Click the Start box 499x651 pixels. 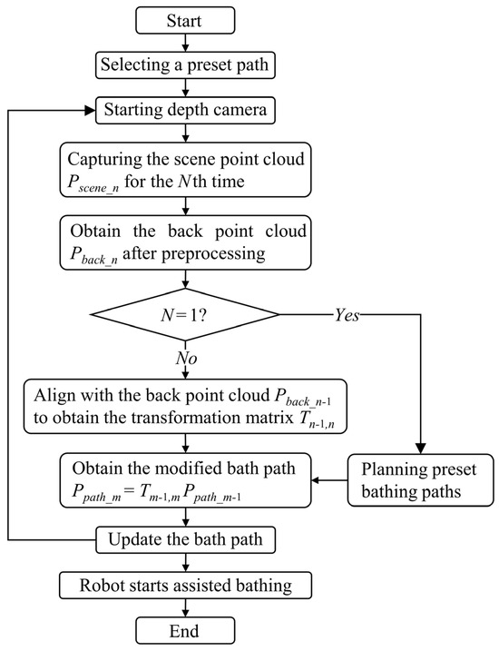coord(185,20)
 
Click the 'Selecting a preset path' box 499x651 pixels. coord(185,64)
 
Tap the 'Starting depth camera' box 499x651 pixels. coord(185,110)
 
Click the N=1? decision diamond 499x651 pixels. coord(185,315)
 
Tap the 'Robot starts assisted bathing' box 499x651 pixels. coord(185,585)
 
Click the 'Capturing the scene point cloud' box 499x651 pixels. coord(185,169)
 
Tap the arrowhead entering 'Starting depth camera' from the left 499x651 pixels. coord(92,110)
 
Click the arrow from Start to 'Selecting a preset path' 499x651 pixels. coord(185,42)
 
